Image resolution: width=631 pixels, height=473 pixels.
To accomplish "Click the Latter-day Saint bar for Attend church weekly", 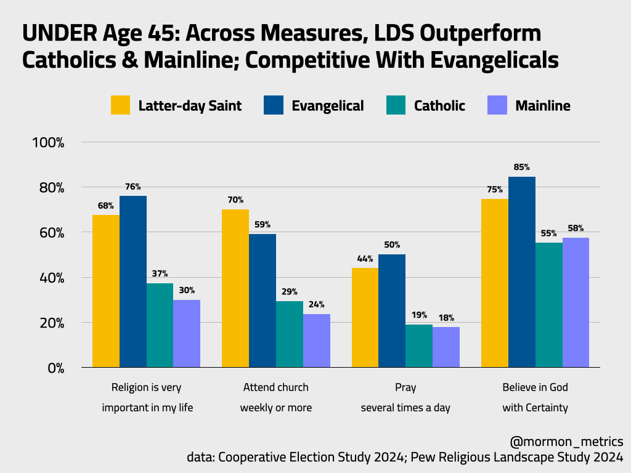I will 235,288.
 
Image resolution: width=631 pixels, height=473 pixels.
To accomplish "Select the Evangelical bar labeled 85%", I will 522,272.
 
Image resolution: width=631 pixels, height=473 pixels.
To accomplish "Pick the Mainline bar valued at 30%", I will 187,334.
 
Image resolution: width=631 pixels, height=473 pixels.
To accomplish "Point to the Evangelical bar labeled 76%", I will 133,281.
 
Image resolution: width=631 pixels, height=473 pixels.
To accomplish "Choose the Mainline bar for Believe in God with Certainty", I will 576,302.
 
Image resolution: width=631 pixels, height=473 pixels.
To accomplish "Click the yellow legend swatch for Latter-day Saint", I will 121,105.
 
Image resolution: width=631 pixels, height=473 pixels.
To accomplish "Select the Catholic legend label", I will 439,105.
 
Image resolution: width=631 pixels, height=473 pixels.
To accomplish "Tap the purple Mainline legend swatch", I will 497,105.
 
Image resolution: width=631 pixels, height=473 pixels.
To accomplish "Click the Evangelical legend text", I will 327,105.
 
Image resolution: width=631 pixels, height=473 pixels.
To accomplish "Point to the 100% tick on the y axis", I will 47,142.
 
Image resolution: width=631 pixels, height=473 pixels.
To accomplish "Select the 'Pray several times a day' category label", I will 405,397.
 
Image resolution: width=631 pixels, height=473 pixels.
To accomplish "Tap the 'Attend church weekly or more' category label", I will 275,397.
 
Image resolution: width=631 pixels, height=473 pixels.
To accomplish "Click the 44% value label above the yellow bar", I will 365,259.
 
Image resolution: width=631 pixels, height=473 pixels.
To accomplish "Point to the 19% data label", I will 419,315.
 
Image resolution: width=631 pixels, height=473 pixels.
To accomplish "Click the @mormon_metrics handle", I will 566,442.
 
